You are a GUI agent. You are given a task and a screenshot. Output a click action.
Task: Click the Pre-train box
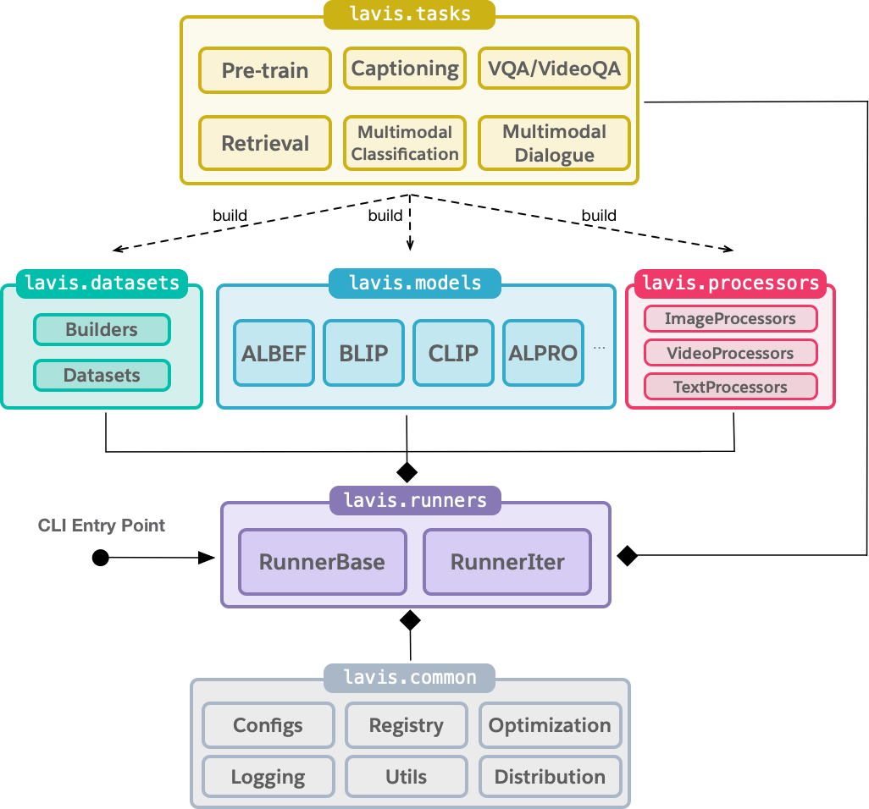coord(264,70)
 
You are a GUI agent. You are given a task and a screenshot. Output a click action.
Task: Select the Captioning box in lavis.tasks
coord(405,69)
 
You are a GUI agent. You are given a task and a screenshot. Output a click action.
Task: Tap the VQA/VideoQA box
coord(554,69)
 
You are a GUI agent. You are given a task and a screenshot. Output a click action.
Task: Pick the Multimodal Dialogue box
coord(554,143)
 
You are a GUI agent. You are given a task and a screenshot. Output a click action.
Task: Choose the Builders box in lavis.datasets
coord(102,330)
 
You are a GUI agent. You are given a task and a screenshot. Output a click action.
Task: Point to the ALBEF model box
coord(274,353)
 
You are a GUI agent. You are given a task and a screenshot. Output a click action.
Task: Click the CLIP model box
coord(453,353)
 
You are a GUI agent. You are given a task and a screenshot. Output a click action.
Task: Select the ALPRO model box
coord(543,353)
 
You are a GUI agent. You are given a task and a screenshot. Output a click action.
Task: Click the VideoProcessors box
coord(730,353)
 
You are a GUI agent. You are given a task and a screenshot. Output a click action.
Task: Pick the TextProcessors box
coord(730,387)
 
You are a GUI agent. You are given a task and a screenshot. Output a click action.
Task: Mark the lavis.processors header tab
coord(730,283)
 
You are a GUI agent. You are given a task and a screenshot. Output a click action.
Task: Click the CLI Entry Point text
coord(102,526)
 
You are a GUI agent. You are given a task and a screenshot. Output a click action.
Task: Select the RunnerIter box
coord(506,562)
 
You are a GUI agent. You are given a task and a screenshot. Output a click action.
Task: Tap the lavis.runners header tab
coord(415,500)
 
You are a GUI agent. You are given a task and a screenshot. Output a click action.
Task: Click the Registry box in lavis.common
coord(406,725)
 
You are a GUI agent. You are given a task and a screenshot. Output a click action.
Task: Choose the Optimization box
coord(550,725)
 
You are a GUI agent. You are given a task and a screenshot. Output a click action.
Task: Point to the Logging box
coord(268,777)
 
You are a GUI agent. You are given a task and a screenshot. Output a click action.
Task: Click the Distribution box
coord(550,777)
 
